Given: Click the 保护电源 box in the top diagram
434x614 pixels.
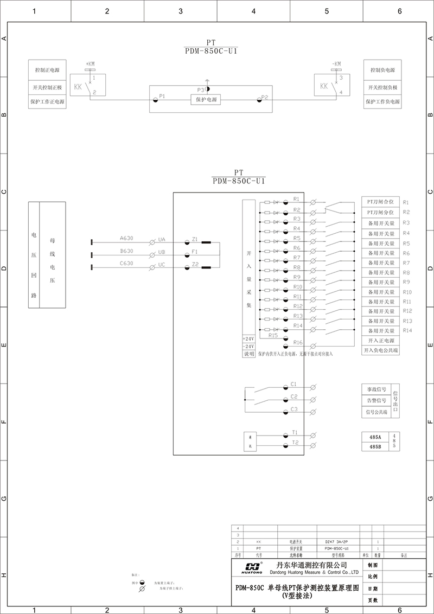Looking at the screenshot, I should coord(206,100).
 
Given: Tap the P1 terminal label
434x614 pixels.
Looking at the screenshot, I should coord(162,95).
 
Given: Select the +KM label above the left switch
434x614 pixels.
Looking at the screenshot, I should coord(90,63).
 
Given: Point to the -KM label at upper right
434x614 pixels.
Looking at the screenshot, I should coord(336,63).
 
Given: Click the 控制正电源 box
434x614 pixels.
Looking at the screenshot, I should coord(47,70).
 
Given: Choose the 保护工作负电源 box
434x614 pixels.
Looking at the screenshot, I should coord(382,101).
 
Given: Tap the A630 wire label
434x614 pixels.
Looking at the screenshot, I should coord(126,238).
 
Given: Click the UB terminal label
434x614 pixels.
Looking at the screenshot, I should coord(162,252).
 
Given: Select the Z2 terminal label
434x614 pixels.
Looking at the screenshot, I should coord(195,264).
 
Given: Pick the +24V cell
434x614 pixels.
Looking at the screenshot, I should coord(248,338).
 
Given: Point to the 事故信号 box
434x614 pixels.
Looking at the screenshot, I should coord(376,389).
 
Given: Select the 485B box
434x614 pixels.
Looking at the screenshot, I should coord(375,447).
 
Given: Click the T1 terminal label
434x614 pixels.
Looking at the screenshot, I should coord(295,432).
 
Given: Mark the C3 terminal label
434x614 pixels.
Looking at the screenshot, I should coord(294,409).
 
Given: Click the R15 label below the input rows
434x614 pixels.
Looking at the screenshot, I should coord(273,335).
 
